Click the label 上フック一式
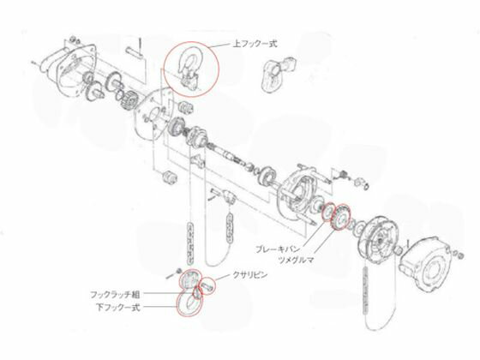coord(255,44)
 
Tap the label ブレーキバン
coord(278,249)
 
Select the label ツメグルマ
coord(296,261)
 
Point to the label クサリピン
coord(250,275)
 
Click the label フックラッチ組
coord(115,295)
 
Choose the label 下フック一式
coord(118,307)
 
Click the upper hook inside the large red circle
coord(189,69)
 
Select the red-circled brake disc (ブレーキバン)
coord(328,212)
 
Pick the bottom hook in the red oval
coord(189,303)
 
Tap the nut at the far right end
coord(459,255)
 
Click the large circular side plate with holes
coord(153,114)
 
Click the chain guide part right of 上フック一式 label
coord(279,73)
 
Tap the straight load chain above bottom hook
coord(190,243)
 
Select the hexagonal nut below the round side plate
coord(168,177)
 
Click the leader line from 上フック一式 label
coord(220,45)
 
